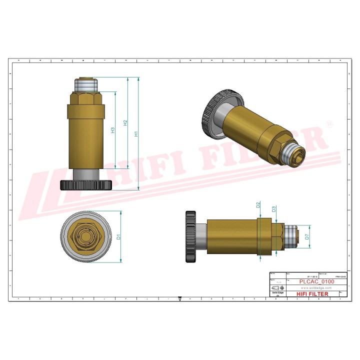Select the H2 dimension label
pyautogui.click(x=125, y=122)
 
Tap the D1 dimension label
pyautogui.click(x=118, y=236)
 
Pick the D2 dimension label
pyautogui.click(x=258, y=205)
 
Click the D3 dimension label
pyautogui.click(x=274, y=209)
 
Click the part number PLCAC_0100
pyautogui.click(x=316, y=282)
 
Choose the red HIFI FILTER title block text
pyautogui.click(x=312, y=294)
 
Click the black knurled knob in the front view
pyautogui.click(x=85, y=185)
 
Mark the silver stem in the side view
pyautogui.click(x=200, y=236)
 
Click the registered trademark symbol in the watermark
pyautogui.click(x=329, y=123)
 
